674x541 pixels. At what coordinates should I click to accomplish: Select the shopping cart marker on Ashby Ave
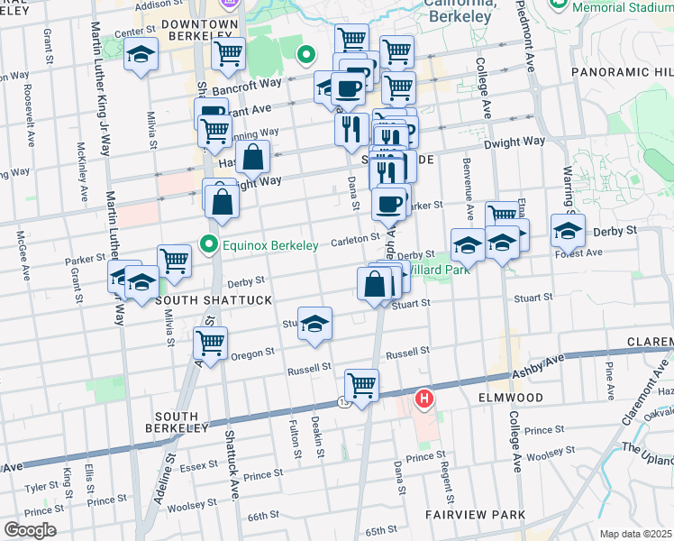[x=361, y=385]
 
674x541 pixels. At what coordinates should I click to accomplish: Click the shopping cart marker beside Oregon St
[x=210, y=344]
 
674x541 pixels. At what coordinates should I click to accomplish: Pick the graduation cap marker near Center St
[x=141, y=55]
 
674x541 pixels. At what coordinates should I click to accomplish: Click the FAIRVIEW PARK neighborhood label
[x=475, y=515]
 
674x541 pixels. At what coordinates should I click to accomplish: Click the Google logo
[x=30, y=529]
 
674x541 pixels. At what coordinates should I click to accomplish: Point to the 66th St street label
[x=264, y=515]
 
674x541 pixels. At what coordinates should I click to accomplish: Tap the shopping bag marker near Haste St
[x=254, y=157]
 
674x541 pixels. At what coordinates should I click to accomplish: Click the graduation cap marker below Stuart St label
[x=314, y=324]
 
